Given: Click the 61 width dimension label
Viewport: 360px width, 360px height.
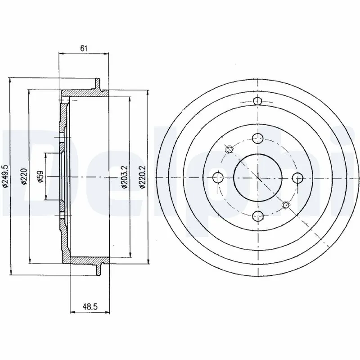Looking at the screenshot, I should click(x=84, y=48).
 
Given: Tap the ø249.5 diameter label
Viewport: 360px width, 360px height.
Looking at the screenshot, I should click(x=6, y=175).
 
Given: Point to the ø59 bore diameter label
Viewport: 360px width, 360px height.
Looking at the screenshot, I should click(x=40, y=175).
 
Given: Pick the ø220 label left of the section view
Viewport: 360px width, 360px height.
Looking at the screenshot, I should click(x=25, y=175).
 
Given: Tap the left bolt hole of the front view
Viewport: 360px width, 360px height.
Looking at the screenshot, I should click(x=218, y=177).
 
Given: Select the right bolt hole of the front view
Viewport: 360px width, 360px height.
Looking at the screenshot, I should click(x=297, y=177).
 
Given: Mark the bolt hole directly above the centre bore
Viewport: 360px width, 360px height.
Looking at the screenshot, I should click(x=257, y=139).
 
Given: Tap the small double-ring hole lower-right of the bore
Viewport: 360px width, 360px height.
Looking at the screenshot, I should click(x=284, y=205).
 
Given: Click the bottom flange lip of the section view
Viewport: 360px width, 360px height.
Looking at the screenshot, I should click(x=98, y=268).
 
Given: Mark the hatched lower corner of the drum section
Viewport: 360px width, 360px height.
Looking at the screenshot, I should click(x=67, y=256).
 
